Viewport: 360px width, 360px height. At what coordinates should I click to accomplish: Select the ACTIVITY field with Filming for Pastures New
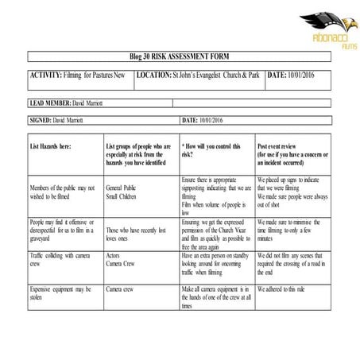tap(77, 75)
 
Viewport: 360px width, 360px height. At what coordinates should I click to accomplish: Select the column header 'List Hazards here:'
tap(51, 148)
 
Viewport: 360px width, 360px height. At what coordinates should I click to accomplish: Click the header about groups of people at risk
tap(139, 155)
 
